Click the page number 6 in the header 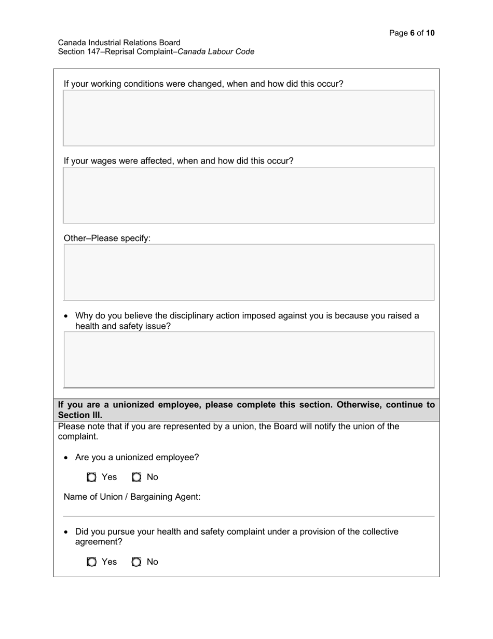[x=412, y=33]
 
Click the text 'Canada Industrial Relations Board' [x=119, y=43]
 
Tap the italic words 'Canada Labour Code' [x=216, y=51]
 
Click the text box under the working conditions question [x=249, y=118]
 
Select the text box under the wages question [x=249, y=195]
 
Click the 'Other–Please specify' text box [x=249, y=272]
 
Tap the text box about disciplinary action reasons [x=249, y=360]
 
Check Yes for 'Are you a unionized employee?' [x=92, y=477]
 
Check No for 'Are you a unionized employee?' [x=136, y=477]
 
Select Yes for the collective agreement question [x=92, y=562]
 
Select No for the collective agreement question [x=136, y=562]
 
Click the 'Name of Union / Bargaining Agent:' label [x=132, y=497]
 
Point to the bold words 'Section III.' [x=80, y=415]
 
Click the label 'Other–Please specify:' [x=107, y=238]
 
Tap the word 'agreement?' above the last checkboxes [x=99, y=542]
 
